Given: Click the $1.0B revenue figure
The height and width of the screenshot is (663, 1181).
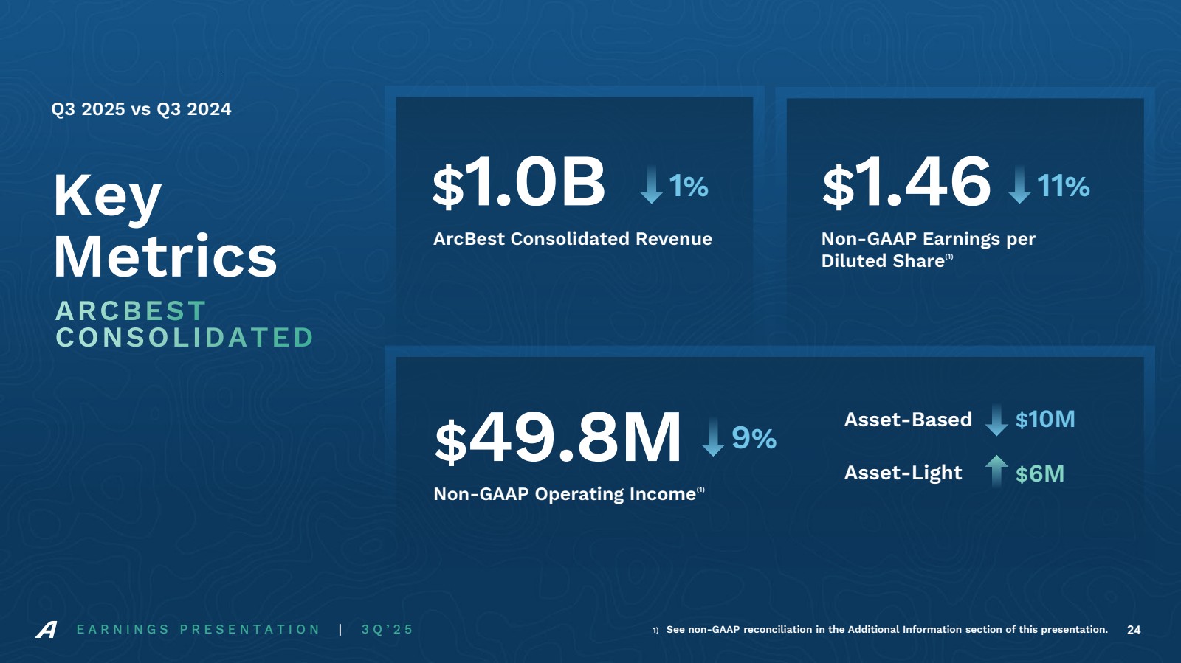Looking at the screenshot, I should [x=519, y=182].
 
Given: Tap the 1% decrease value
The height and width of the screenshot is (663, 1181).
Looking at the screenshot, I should [x=689, y=187].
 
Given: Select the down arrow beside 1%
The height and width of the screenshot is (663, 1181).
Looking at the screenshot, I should [x=651, y=184].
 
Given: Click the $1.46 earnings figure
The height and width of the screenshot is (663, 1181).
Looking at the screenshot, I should [x=906, y=182].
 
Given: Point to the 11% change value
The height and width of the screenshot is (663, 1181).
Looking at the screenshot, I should [x=1064, y=187].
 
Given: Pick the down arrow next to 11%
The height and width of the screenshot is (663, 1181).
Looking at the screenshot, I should [x=1019, y=184].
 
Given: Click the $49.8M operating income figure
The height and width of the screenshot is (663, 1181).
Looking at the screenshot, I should [x=558, y=438].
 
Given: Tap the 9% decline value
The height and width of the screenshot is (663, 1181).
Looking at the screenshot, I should [x=754, y=439].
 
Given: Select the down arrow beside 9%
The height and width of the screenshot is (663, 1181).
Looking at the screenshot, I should [x=713, y=437].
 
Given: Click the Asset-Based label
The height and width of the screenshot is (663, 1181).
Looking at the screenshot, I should [x=908, y=420].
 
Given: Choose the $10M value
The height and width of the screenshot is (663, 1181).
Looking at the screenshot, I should [x=1045, y=420].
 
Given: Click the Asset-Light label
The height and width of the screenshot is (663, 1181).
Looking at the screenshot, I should [x=903, y=473].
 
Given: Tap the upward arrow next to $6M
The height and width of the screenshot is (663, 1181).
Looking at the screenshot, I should [x=996, y=471].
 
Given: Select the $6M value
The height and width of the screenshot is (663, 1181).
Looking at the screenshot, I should [x=1040, y=473].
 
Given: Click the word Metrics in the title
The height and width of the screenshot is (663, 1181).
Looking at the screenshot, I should [x=165, y=257].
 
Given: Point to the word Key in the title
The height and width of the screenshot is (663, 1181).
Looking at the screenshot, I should [x=108, y=196].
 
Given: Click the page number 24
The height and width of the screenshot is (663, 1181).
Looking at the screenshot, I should [x=1134, y=630].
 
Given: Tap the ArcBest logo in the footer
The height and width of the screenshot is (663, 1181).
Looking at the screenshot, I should [x=47, y=630].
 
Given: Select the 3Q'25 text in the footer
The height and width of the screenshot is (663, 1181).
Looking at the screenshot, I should [x=388, y=630].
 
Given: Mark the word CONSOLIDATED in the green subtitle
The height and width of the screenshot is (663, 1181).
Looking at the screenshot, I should [x=185, y=338].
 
